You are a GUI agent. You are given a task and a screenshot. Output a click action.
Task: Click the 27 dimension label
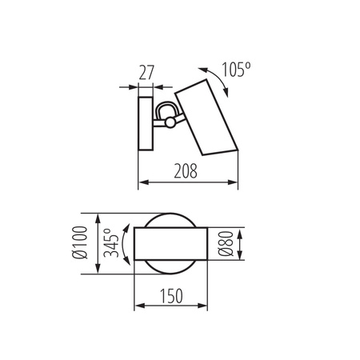[x=146, y=73]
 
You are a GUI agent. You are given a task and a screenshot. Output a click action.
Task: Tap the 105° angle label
[x=236, y=70]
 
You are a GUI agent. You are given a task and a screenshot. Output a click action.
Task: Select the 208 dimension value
[x=186, y=171]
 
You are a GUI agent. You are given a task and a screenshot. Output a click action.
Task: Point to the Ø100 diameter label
[x=80, y=242]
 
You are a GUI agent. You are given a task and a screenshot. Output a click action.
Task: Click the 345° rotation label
[x=111, y=242]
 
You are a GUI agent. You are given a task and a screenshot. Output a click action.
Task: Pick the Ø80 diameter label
[x=226, y=243]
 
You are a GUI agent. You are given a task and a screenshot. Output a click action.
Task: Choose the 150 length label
[x=171, y=296]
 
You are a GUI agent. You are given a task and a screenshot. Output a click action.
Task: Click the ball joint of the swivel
[x=170, y=122]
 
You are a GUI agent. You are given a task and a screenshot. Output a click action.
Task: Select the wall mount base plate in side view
[x=146, y=123]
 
